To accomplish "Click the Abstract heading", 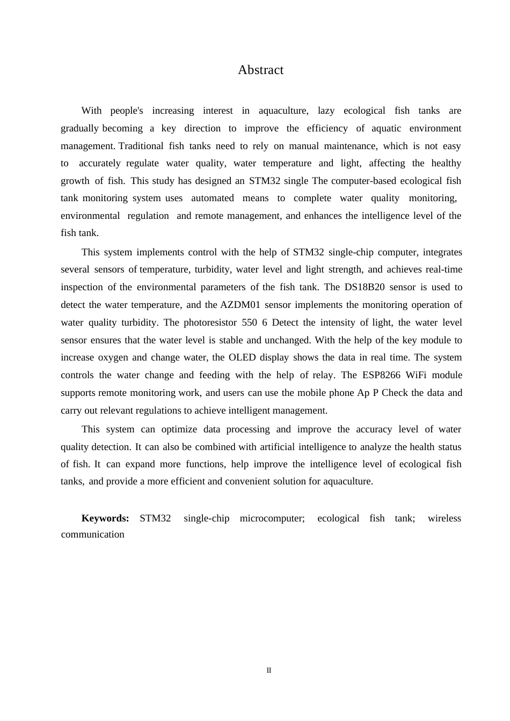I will (x=260, y=70).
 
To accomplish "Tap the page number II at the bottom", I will (x=269, y=671).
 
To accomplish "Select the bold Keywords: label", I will (x=105, y=518).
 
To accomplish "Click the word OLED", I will (x=242, y=357).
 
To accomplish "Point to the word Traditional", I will (x=141, y=146).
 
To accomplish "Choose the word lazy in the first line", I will (x=326, y=111).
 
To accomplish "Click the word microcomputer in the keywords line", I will (x=272, y=518).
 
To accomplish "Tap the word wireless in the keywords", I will (x=445, y=518).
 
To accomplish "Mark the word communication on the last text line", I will (x=92, y=534).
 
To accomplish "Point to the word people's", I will (x=127, y=111).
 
